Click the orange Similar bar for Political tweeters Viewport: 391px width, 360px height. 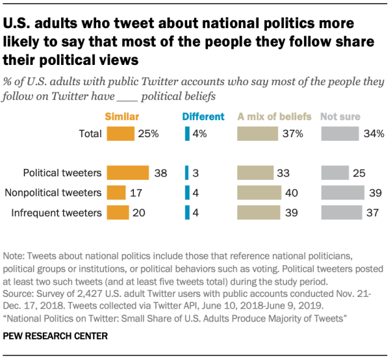tap(127, 173)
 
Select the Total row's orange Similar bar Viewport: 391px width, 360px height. tap(120, 133)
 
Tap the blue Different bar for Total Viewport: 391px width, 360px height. tap(187, 133)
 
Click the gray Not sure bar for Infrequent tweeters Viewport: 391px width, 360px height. tap(341, 212)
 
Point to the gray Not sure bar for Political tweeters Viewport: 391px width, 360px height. tap(335, 173)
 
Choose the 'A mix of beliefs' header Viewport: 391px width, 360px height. tap(274, 116)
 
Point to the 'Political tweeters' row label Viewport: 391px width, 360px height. tap(62, 173)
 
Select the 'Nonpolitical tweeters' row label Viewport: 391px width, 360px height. tap(53, 192)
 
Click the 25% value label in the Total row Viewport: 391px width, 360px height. tap(149, 133)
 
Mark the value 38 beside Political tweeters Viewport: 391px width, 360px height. tap(161, 173)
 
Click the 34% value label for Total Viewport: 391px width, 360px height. tap(372, 133)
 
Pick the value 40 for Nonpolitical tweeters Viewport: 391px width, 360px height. tap(291, 192)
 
